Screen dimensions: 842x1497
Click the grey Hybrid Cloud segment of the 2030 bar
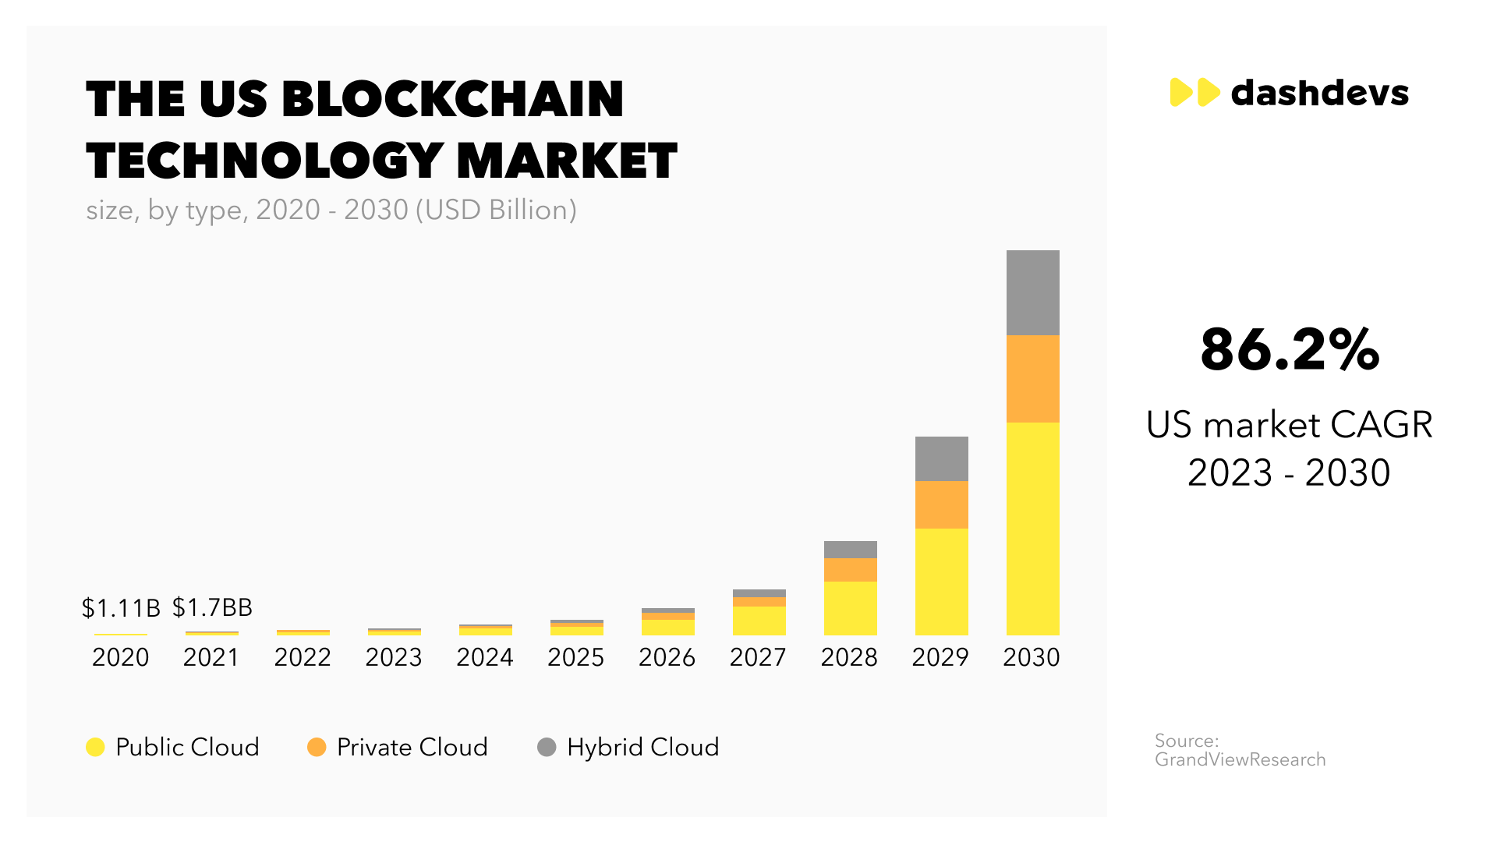(x=1032, y=292)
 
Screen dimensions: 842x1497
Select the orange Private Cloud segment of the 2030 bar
(x=1032, y=379)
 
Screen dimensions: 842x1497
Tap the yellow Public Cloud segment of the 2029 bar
(x=941, y=581)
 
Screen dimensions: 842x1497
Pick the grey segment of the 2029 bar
(x=941, y=458)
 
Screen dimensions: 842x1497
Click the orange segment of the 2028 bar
(x=850, y=570)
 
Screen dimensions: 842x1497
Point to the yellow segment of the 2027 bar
(x=759, y=621)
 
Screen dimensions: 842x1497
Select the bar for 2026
(x=667, y=623)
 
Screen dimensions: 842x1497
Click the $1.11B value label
(x=121, y=607)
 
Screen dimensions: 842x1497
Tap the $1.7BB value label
(x=212, y=607)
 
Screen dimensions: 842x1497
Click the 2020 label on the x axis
(x=121, y=657)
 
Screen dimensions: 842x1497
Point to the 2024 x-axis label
(x=485, y=657)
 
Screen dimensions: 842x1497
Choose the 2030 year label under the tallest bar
(x=1031, y=657)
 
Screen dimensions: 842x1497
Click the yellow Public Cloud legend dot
(x=95, y=747)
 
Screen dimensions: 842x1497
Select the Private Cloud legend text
(x=412, y=747)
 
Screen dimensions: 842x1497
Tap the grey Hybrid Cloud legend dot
(x=547, y=747)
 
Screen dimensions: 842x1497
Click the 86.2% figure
(x=1290, y=349)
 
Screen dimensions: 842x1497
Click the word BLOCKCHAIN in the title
(x=452, y=100)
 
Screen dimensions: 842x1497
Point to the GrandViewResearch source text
(x=1240, y=759)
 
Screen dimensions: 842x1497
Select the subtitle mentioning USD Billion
(x=331, y=210)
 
